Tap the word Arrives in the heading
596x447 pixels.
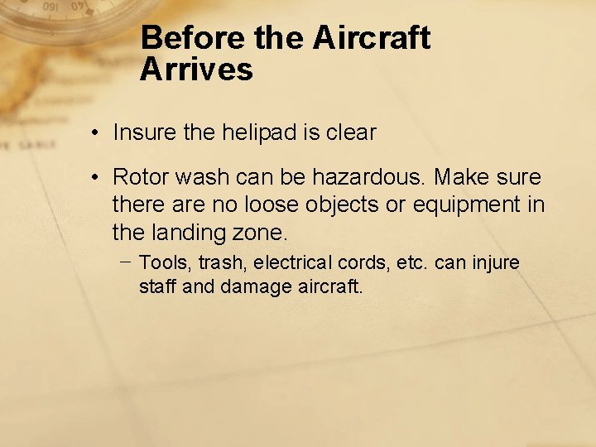196,70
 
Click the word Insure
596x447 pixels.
143,132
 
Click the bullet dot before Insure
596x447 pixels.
97,133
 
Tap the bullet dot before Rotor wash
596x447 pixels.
97,178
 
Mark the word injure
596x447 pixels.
496,263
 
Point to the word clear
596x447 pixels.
351,132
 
